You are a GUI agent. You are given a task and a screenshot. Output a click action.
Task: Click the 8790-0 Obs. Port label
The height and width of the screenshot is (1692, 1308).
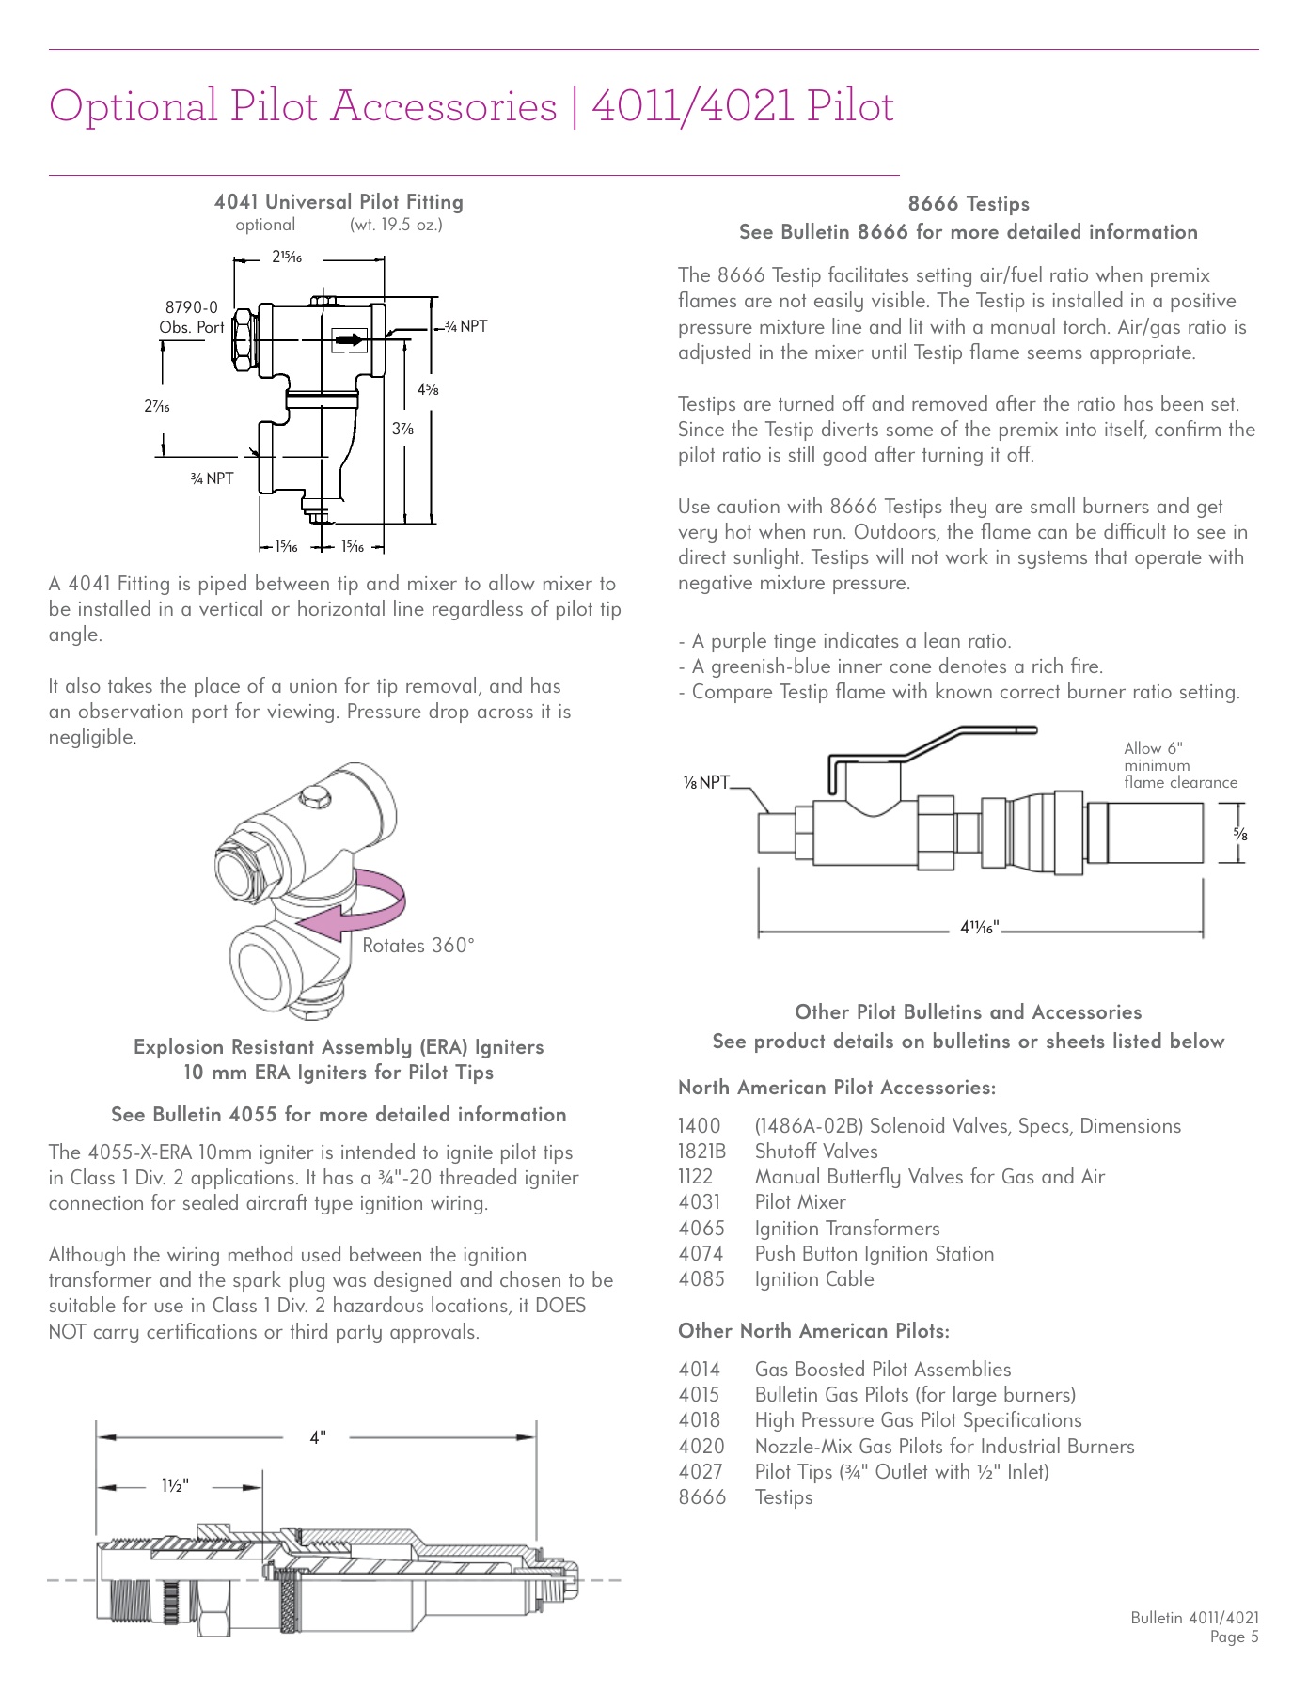tap(192, 317)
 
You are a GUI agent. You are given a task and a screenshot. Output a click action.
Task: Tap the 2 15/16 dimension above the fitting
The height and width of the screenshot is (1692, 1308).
tap(287, 257)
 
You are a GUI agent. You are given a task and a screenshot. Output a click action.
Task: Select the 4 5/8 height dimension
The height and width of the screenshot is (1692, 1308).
tap(428, 388)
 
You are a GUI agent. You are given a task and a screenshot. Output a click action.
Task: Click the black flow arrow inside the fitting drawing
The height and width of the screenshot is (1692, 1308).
tap(349, 338)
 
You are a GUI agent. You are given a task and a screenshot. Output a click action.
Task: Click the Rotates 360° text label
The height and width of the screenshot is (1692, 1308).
tap(418, 946)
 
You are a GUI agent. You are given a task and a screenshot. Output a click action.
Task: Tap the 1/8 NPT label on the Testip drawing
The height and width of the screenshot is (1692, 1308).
tap(706, 782)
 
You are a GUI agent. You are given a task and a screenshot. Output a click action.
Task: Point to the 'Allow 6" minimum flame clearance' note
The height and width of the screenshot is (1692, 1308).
tap(1179, 765)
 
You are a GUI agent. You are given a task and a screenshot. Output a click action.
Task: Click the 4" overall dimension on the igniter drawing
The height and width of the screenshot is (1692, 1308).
tap(318, 1437)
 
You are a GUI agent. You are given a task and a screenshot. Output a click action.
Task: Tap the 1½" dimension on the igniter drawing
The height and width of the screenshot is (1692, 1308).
tap(175, 1486)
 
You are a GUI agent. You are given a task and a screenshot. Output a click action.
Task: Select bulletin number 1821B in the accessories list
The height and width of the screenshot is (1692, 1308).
tap(701, 1151)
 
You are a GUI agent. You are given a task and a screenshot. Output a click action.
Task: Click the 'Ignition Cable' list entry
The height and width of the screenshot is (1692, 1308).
tap(814, 1279)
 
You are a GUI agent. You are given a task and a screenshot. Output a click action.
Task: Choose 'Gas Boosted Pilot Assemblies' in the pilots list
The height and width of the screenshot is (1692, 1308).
tap(882, 1370)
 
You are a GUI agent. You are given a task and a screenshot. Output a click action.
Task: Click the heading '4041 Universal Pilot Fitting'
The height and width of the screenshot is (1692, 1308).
tap(339, 202)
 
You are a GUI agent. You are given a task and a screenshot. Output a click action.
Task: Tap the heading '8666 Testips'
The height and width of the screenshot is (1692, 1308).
tap(969, 204)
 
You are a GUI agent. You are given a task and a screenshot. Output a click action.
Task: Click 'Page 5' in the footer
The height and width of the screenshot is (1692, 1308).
tap(1233, 1637)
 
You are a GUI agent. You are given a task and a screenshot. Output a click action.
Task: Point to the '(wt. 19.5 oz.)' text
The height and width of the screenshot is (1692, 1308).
tap(396, 225)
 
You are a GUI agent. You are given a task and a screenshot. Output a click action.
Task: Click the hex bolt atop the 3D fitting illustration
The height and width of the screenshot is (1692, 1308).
tap(315, 798)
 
